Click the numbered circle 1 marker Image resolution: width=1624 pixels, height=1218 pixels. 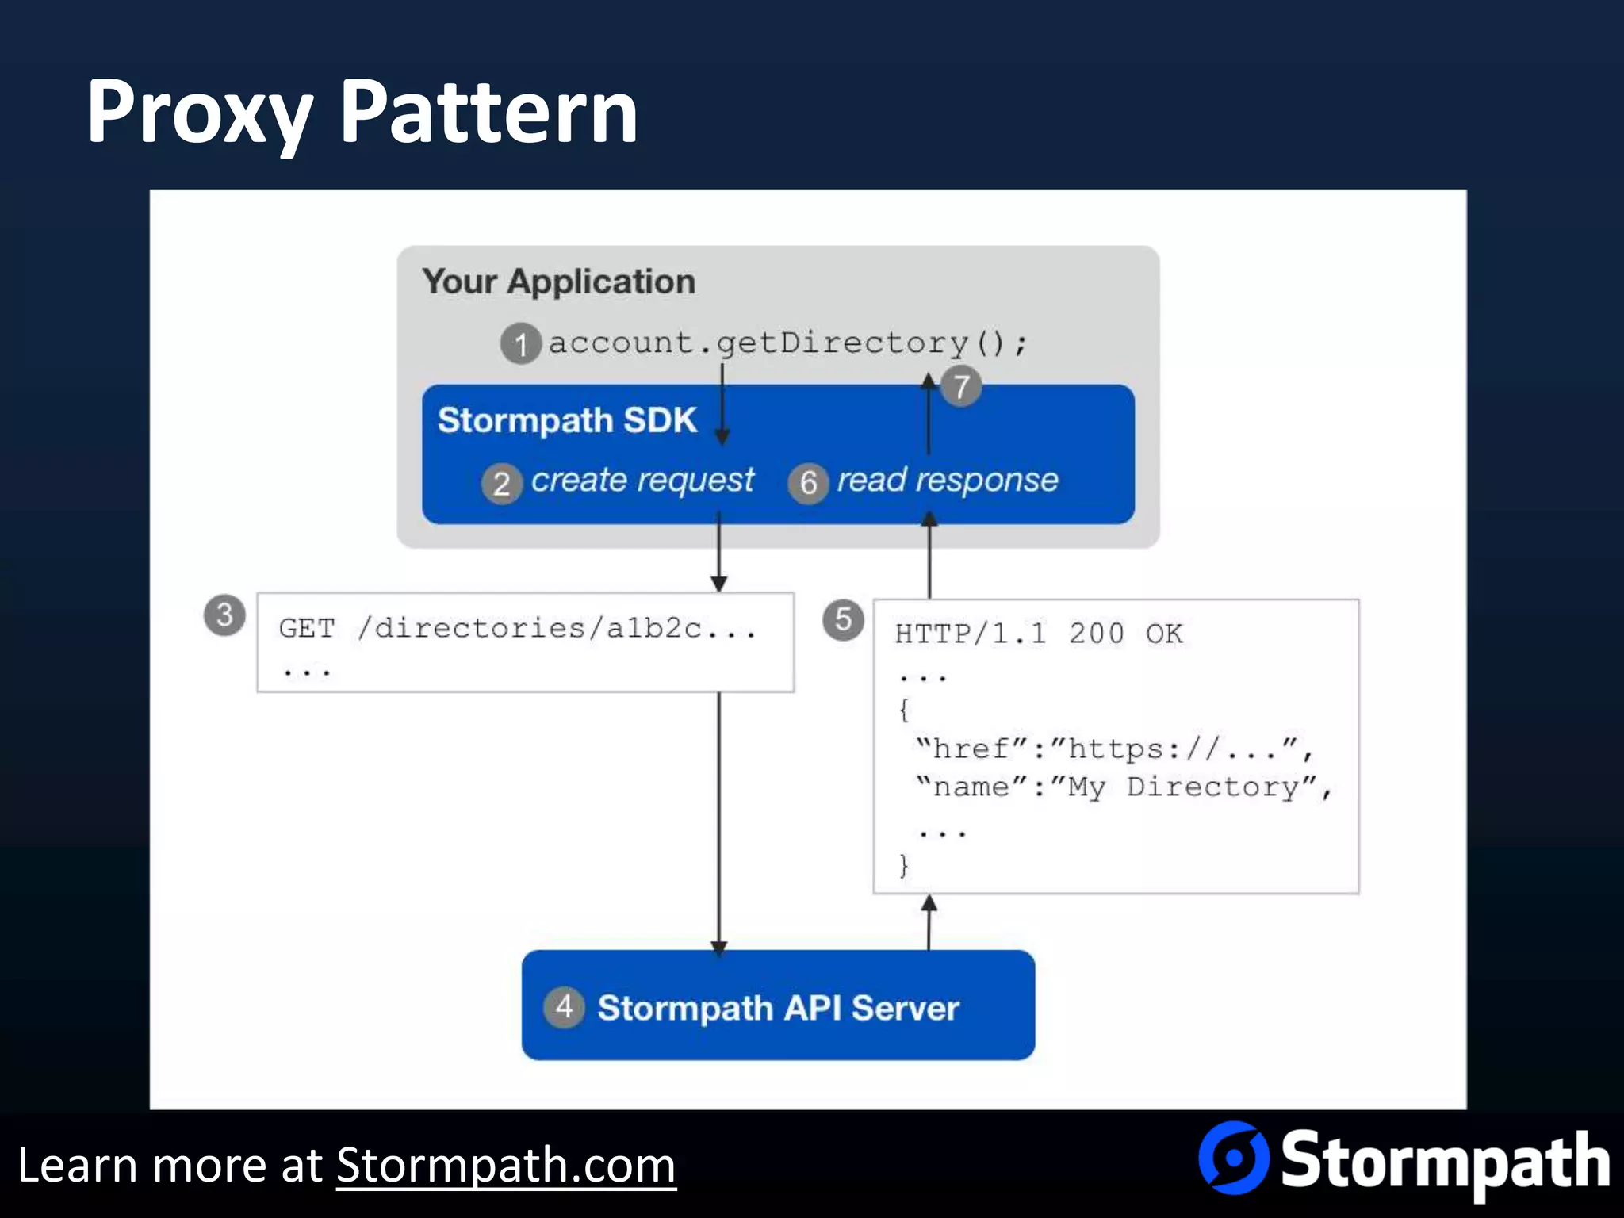(x=521, y=344)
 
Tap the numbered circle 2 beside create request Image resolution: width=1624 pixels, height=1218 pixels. (x=501, y=484)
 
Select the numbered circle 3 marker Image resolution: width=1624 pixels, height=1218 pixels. (x=224, y=615)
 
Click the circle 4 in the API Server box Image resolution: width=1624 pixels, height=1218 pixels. (x=564, y=1007)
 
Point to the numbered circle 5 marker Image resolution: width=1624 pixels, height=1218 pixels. (x=843, y=619)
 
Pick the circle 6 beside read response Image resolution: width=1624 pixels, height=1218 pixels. (x=808, y=482)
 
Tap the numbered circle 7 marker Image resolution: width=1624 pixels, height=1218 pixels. (x=961, y=387)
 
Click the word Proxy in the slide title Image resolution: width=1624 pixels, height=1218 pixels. (x=198, y=113)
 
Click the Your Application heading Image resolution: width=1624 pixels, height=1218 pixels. (x=558, y=282)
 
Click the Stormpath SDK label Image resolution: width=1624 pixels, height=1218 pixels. (x=567, y=420)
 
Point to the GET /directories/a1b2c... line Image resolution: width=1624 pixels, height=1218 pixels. (x=517, y=629)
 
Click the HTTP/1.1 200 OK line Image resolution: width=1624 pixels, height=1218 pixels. (x=1039, y=634)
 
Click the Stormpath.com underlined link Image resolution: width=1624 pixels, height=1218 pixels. (x=506, y=1166)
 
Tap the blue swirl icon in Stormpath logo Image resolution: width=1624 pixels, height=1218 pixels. (x=1234, y=1158)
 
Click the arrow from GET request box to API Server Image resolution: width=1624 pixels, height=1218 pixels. (x=719, y=825)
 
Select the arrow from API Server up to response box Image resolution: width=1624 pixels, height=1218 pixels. (x=929, y=922)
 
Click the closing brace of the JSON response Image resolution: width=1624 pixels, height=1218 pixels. (x=904, y=865)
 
